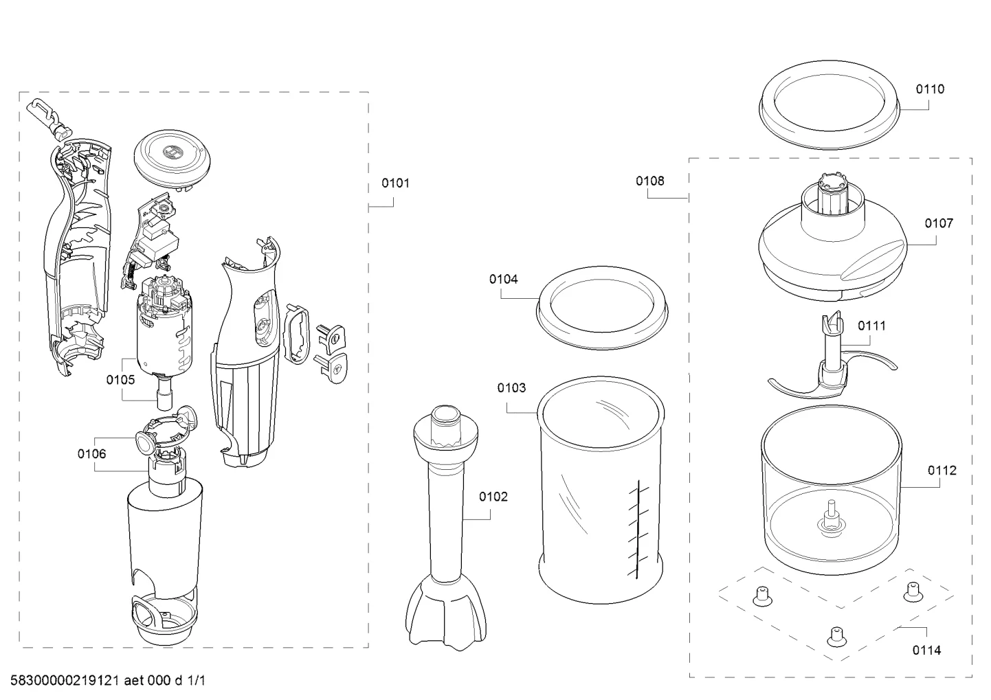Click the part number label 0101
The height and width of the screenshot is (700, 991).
(396, 183)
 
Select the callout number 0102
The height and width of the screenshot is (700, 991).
(493, 497)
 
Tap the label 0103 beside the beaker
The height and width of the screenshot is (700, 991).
(511, 388)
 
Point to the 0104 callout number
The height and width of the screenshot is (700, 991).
(504, 279)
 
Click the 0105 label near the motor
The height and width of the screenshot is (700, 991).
(120, 379)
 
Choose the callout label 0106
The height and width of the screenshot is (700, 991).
(91, 453)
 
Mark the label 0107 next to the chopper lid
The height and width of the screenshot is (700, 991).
(939, 223)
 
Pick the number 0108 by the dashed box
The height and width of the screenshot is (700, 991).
(650, 181)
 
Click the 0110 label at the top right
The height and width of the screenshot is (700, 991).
(930, 89)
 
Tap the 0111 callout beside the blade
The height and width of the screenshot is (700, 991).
(871, 326)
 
